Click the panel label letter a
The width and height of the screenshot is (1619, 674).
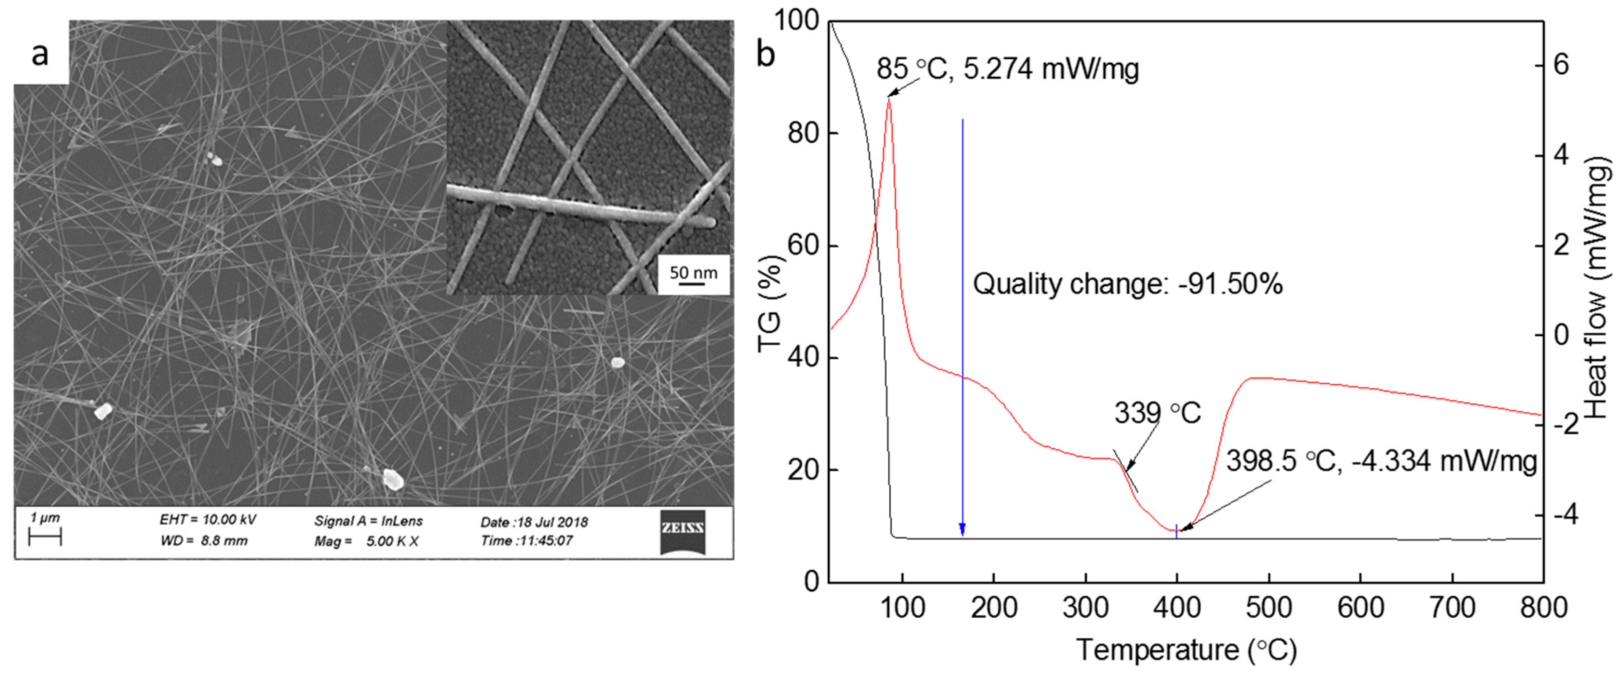point(40,54)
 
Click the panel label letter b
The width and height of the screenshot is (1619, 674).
point(765,54)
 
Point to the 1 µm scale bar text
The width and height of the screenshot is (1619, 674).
point(45,518)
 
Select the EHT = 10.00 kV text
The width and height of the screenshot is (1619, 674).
point(207,519)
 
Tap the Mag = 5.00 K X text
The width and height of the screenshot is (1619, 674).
point(366,541)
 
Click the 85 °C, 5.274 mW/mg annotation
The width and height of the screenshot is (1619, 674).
point(1007,68)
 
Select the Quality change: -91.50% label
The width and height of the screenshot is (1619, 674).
point(1127,284)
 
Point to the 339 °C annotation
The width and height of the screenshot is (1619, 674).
point(1157,413)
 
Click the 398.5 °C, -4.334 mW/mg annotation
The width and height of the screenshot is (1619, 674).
point(1381,461)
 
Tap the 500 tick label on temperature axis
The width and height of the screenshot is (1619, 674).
point(1268,607)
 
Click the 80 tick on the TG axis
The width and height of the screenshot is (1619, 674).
point(804,133)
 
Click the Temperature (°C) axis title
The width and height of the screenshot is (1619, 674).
point(1186,649)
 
